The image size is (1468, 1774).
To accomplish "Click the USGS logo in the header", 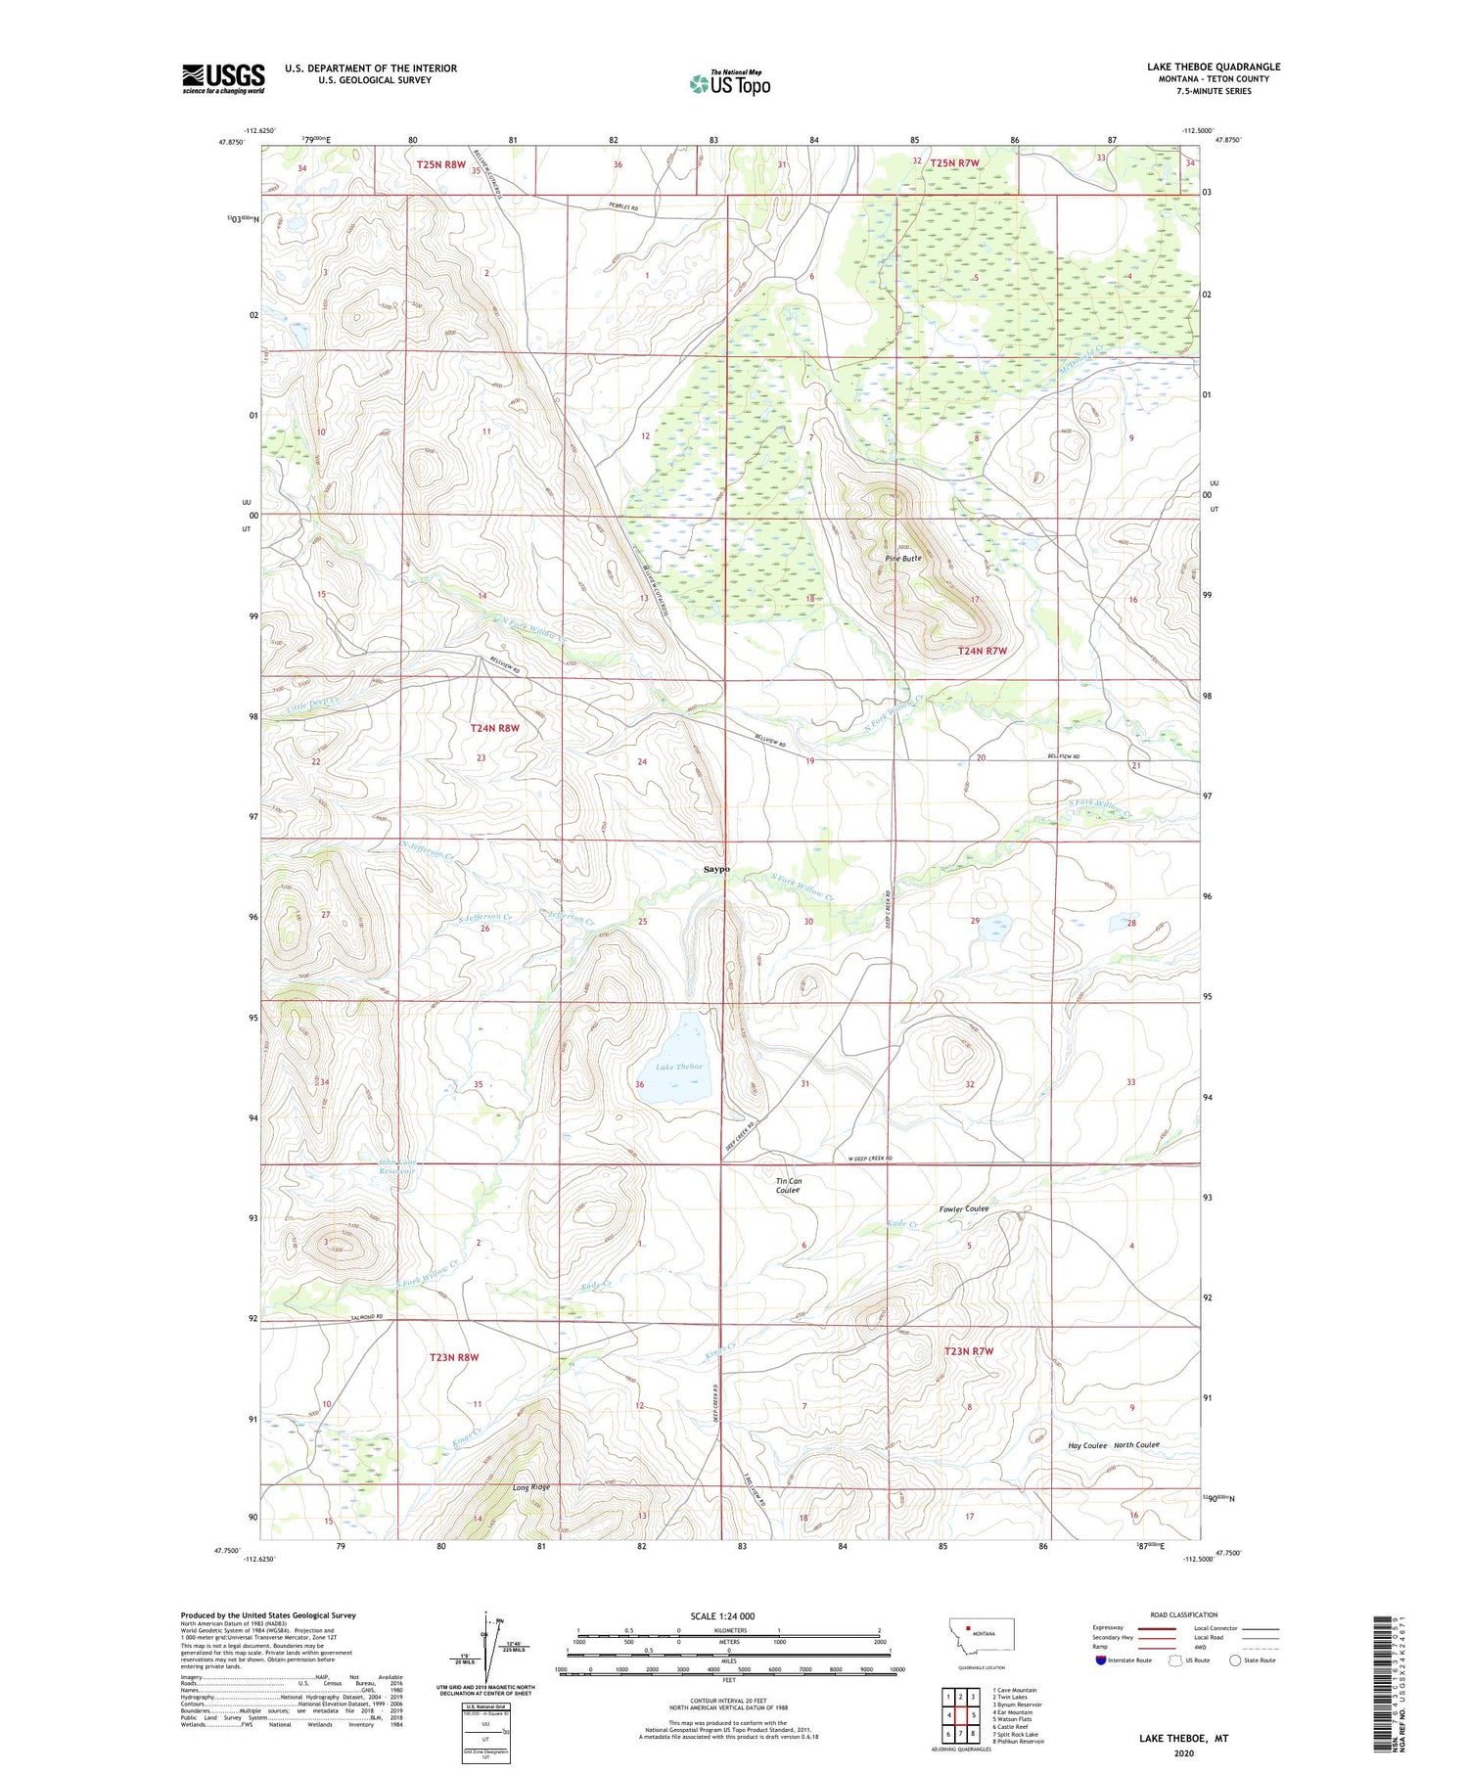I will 223,78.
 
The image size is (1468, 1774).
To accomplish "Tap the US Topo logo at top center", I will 729,83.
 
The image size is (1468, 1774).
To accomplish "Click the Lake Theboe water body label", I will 679,1067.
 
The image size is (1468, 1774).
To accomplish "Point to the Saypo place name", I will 716,869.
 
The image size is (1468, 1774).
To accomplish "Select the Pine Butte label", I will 902,558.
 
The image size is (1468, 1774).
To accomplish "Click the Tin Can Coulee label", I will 788,1186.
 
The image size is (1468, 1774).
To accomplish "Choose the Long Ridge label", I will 531,1487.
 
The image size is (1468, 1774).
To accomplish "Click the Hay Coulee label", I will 1087,1445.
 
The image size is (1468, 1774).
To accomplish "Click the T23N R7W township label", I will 968,1351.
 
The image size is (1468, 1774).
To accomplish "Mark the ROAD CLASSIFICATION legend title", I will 1184,1615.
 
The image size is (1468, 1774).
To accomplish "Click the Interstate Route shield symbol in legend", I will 1100,1660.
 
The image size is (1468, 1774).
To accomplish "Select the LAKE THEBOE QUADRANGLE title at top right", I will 1214,67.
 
